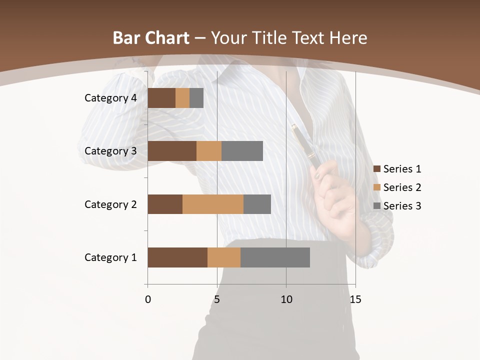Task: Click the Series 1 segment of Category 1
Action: tap(177, 257)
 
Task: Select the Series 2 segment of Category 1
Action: tap(224, 257)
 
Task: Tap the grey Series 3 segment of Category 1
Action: tap(275, 257)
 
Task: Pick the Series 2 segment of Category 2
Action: tap(213, 204)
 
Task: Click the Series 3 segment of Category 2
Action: tap(257, 204)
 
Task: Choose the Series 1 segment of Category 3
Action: tap(172, 151)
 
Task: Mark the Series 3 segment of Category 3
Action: tap(242, 151)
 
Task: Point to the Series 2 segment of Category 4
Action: tap(182, 98)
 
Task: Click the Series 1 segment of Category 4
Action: tap(161, 98)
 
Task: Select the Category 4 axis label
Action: tap(110, 98)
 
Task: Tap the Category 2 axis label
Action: tap(110, 204)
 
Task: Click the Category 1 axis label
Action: tap(110, 257)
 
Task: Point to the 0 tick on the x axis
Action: tap(148, 299)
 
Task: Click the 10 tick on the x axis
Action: tap(286, 299)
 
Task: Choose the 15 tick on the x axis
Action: tap(355, 299)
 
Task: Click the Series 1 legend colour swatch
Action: tap(377, 169)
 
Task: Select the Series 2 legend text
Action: tap(402, 187)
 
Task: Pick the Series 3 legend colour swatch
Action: tap(377, 206)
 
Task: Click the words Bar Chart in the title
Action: tap(151, 37)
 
